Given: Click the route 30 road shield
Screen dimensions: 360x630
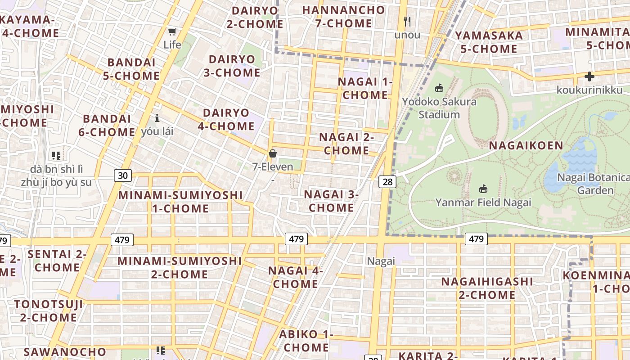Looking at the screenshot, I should tap(123, 175).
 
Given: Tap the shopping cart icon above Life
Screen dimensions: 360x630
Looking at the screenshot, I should tap(172, 31).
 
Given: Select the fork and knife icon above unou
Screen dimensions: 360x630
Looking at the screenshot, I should tap(407, 21).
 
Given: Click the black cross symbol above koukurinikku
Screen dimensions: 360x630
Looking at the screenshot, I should tap(589, 76).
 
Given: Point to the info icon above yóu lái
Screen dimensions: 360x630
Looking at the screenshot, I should tap(157, 118).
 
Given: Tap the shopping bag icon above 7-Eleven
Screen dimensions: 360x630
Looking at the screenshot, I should tap(272, 153).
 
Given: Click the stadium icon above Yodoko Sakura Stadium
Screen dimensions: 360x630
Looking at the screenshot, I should tap(439, 88).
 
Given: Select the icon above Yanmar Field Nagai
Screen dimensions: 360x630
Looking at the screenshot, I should tap(483, 189).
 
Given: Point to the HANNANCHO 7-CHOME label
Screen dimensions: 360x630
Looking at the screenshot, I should tap(343, 17).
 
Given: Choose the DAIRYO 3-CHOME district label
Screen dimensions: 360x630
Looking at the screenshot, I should tap(232, 66).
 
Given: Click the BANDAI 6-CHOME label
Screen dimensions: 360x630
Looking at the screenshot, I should tap(108, 125).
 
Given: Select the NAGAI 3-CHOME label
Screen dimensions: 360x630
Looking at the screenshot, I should tap(331, 201).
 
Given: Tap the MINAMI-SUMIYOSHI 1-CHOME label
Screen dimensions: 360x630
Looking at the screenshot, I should tap(180, 202).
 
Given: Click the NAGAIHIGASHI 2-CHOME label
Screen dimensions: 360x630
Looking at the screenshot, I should tap(487, 288).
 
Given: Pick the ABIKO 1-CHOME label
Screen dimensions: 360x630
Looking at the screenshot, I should tap(306, 341).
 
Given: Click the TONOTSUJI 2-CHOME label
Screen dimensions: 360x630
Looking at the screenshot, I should tap(49, 310).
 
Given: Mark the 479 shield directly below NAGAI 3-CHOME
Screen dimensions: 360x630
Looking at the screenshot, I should tap(296, 239).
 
